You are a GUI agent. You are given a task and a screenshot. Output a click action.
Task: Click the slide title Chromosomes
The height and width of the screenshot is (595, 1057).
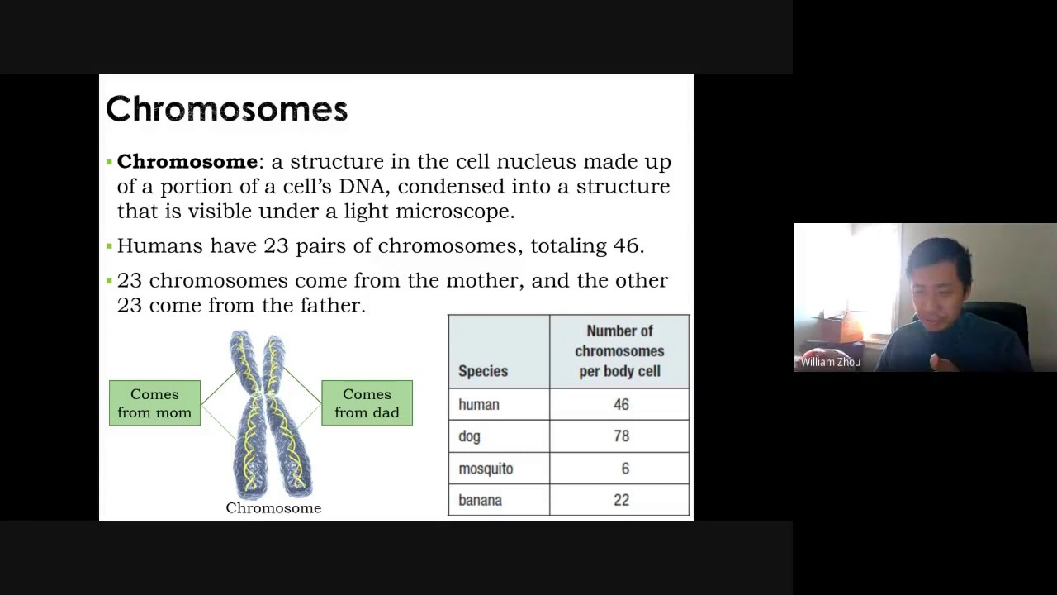pyautogui.click(x=226, y=109)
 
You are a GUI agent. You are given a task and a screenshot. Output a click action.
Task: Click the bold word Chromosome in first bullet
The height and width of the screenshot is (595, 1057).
pyautogui.click(x=187, y=161)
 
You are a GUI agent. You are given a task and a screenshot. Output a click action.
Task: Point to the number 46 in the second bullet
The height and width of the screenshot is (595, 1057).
pyautogui.click(x=626, y=245)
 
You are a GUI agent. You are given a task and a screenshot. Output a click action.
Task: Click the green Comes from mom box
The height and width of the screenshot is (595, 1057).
pyautogui.click(x=154, y=403)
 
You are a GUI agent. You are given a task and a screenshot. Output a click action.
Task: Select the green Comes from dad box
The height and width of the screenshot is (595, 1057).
pyautogui.click(x=367, y=403)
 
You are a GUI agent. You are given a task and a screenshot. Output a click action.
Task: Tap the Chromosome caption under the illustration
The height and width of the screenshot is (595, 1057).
pyautogui.click(x=273, y=508)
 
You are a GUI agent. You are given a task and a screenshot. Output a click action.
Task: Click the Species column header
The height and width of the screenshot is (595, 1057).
pyautogui.click(x=483, y=371)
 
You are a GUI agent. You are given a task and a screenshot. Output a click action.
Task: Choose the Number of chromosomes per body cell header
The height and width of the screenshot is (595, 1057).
pyautogui.click(x=619, y=351)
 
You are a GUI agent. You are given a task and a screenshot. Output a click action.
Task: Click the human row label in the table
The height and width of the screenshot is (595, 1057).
pyautogui.click(x=479, y=405)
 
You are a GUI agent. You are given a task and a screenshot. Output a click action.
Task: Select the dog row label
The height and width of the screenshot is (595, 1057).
pyautogui.click(x=469, y=436)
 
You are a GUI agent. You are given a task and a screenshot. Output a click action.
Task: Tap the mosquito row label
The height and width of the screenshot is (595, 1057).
pyautogui.click(x=486, y=469)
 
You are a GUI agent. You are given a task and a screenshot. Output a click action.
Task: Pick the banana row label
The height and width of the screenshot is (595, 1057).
pyautogui.click(x=480, y=500)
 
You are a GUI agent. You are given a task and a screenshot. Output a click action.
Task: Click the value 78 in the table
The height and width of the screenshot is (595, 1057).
pyautogui.click(x=621, y=436)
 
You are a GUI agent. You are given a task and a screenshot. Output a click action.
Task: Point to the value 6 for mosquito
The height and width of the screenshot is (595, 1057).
pyautogui.click(x=625, y=469)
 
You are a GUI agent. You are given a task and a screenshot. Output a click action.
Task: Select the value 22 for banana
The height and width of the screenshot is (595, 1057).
pyautogui.click(x=621, y=500)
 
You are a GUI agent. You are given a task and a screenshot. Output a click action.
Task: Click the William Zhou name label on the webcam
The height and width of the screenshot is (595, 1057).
pyautogui.click(x=830, y=362)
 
